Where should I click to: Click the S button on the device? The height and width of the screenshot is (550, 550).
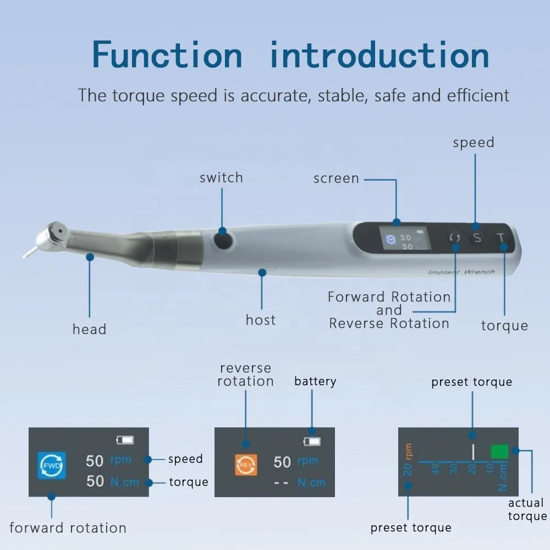477,238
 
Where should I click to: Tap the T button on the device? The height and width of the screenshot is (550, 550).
501,238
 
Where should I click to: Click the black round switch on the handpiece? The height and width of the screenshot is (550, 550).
223,240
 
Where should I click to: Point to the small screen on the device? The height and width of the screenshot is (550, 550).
405,238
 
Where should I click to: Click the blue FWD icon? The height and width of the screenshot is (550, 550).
52,465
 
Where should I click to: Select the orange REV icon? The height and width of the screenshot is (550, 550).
246,465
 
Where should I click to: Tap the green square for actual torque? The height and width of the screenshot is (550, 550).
499,452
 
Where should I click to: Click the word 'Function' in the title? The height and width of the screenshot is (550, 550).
167,54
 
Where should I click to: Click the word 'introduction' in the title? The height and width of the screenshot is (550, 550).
380,54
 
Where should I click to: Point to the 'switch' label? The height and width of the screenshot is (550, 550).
221,178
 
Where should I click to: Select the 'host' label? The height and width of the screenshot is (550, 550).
261,320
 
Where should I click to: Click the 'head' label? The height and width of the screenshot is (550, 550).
89,329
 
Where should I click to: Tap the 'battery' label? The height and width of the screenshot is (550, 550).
315,381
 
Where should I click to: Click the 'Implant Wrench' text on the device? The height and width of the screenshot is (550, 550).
461,272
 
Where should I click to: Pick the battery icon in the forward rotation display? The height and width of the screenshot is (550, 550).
125,440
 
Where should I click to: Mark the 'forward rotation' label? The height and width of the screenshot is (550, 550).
68,527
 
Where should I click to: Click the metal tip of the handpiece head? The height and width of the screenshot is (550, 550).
30,252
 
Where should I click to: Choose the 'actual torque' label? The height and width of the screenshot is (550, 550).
527,509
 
